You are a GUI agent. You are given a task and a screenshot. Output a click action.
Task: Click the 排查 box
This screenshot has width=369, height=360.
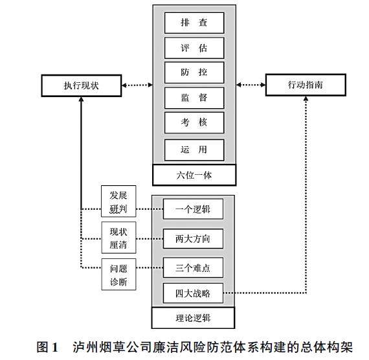(194, 23)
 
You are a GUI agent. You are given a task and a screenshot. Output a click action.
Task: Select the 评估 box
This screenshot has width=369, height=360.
(194, 48)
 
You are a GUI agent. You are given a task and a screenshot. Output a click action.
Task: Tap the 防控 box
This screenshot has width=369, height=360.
(194, 73)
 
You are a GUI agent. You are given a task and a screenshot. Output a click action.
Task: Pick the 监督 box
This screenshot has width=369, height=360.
(194, 98)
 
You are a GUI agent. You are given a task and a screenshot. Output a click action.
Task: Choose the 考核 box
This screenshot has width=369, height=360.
(194, 122)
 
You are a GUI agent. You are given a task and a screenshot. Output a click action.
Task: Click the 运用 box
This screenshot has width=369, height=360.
(194, 150)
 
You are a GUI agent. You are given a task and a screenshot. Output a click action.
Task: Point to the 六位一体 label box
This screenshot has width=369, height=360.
(194, 175)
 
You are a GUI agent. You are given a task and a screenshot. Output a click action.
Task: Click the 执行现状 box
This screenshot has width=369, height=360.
(82, 85)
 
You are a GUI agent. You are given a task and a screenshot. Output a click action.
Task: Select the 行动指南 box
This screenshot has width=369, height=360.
(306, 85)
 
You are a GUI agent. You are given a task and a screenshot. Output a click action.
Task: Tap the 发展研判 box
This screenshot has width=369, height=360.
(118, 201)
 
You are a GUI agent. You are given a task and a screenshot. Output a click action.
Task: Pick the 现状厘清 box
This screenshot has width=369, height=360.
(118, 238)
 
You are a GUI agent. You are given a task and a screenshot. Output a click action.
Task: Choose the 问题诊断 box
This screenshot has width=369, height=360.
(118, 275)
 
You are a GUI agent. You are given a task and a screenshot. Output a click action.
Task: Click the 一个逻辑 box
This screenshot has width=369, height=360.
(193, 209)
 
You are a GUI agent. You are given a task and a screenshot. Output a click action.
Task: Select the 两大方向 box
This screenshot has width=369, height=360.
(193, 239)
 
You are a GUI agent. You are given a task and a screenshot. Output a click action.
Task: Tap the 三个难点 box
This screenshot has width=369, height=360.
(193, 267)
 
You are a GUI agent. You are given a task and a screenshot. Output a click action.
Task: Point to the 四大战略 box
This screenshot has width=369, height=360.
(193, 293)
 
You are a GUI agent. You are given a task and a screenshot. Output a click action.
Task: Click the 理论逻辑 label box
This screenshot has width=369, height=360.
(193, 318)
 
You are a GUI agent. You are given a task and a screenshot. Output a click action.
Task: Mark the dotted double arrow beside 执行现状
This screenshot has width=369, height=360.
(137, 85)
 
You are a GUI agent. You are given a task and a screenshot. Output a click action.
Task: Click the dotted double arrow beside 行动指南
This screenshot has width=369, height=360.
(251, 85)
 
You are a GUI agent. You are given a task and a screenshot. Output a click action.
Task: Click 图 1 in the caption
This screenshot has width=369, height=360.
(47, 347)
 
